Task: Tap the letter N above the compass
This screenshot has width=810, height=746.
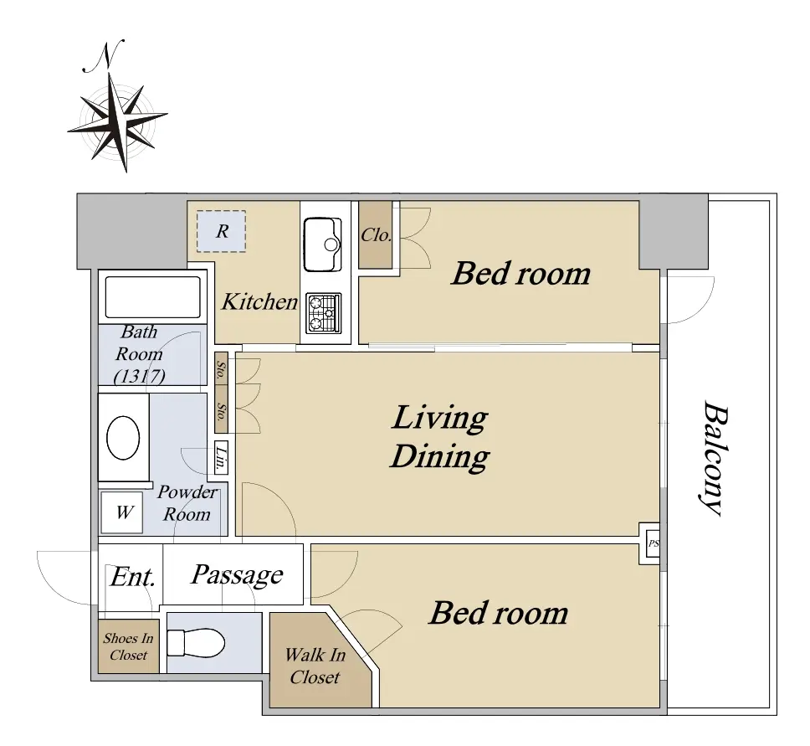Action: click(x=105, y=56)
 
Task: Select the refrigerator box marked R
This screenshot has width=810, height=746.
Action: click(x=221, y=231)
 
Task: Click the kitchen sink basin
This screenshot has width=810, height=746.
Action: click(x=322, y=244)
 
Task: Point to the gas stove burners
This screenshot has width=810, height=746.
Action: click(x=324, y=313)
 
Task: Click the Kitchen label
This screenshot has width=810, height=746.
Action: click(x=259, y=301)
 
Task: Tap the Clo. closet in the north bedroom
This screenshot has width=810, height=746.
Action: click(x=376, y=235)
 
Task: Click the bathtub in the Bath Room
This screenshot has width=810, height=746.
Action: click(x=153, y=297)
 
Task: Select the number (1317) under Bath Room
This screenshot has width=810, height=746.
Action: click(x=140, y=376)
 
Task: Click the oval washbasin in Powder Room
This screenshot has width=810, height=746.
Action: click(x=123, y=437)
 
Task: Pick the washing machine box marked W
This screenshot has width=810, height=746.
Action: click(x=122, y=512)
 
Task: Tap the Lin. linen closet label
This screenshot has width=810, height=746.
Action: click(x=221, y=457)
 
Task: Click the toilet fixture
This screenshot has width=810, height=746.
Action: click(x=196, y=644)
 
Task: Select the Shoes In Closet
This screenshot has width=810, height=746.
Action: click(x=129, y=646)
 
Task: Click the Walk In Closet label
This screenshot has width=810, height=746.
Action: click(x=315, y=666)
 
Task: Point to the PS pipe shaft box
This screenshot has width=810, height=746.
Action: click(x=653, y=543)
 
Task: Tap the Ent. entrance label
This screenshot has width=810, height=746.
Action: click(x=133, y=576)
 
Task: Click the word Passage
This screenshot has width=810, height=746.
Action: click(x=237, y=575)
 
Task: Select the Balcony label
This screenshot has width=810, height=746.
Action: click(x=715, y=459)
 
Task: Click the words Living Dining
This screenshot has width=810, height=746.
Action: click(x=439, y=437)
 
